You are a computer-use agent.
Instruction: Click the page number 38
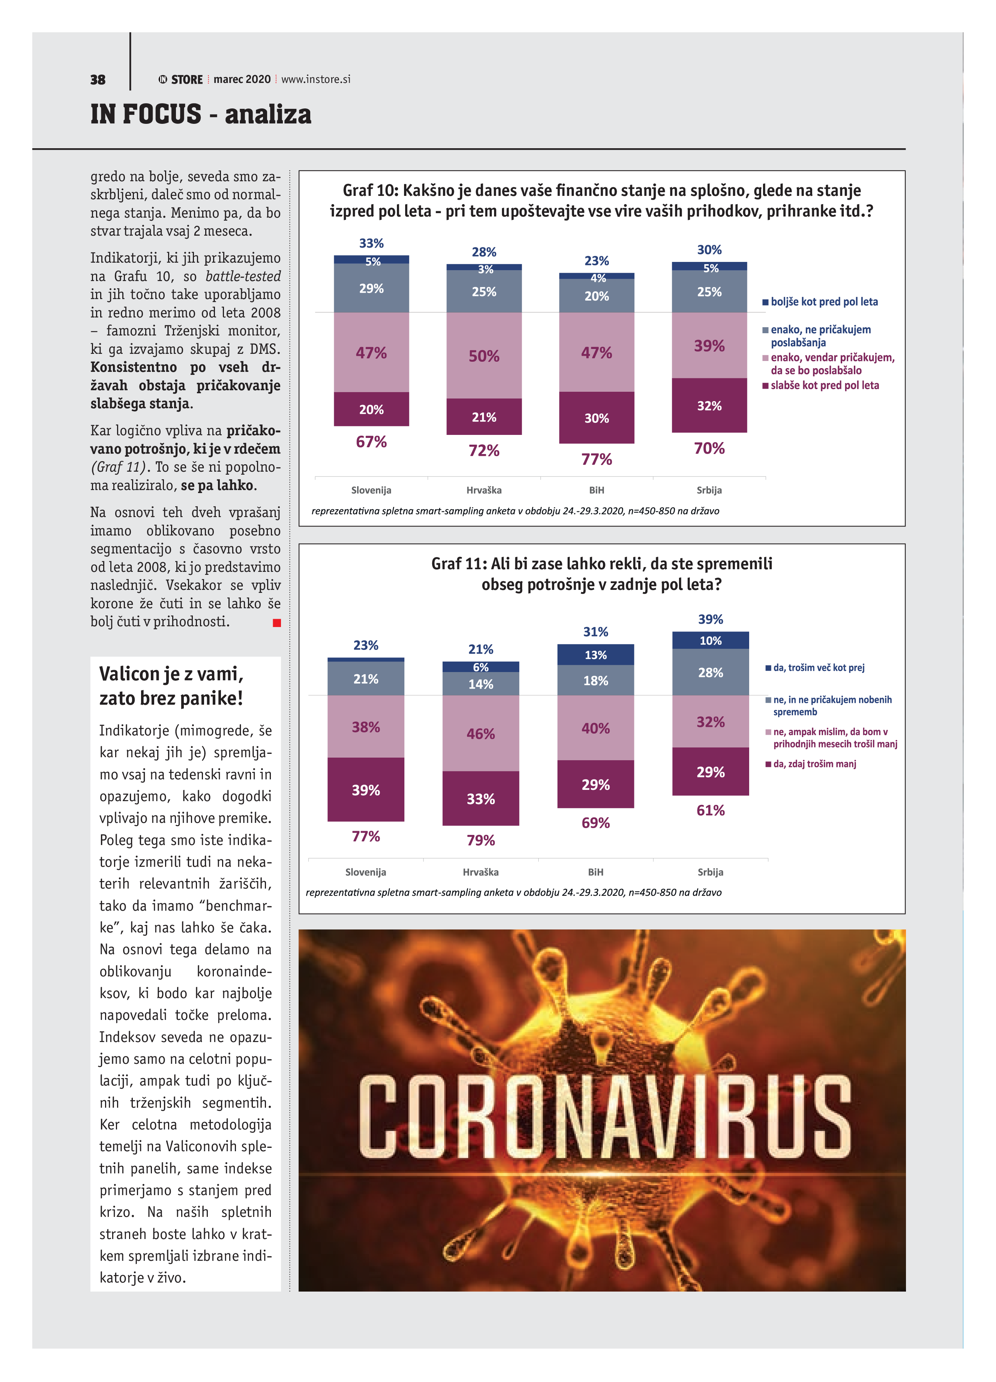98,80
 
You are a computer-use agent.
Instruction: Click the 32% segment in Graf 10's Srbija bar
709,406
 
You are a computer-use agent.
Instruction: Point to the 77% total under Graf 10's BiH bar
596,459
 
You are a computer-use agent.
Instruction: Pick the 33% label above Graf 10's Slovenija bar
371,243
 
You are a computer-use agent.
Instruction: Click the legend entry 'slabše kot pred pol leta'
824,385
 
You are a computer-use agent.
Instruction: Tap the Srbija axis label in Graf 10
709,490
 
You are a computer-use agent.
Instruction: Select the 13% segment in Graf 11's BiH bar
595,655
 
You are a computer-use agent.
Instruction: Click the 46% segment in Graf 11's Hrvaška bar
481,734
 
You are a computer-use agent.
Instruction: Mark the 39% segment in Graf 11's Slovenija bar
365,790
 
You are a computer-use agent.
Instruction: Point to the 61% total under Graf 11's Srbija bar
710,811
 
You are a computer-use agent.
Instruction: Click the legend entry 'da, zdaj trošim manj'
814,764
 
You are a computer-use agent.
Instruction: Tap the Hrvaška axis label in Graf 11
481,872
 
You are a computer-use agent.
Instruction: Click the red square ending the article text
276,623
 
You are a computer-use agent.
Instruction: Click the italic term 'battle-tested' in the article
243,277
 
